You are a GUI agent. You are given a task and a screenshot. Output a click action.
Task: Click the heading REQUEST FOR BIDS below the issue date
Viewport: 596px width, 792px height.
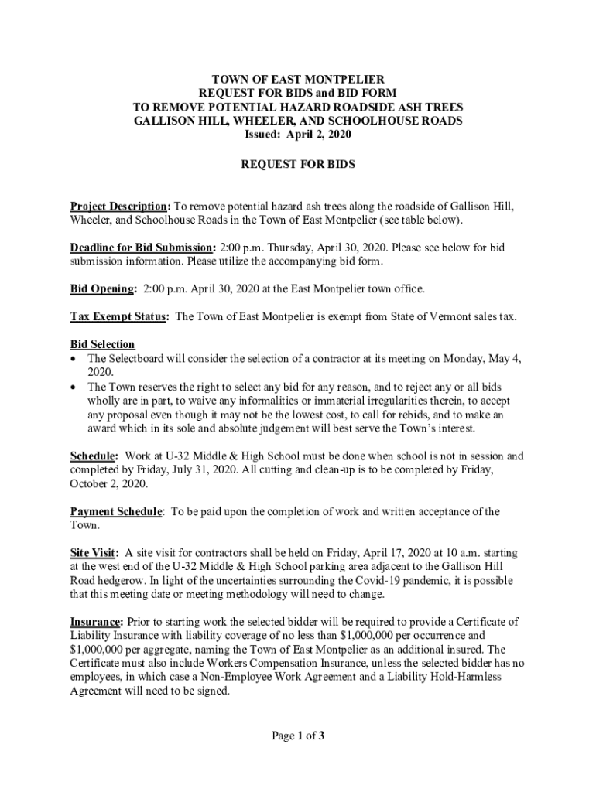pyautogui.click(x=298, y=166)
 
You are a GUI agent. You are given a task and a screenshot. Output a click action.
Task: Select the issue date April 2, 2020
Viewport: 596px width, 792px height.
pyautogui.click(x=318, y=135)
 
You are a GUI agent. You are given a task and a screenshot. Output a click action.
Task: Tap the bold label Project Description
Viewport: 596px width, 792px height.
pyautogui.click(x=119, y=207)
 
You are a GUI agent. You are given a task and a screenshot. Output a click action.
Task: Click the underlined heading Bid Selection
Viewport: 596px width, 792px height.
pyautogui.click(x=102, y=344)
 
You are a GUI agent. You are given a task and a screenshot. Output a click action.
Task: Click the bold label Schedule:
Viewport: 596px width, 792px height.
pyautogui.click(x=94, y=456)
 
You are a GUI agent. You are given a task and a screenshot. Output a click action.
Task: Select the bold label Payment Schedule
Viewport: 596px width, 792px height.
pyautogui.click(x=116, y=511)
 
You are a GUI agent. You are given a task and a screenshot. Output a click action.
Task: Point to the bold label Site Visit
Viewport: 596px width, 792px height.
pyautogui.click(x=94, y=553)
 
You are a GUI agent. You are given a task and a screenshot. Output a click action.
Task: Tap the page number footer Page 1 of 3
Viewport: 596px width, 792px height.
pyautogui.click(x=297, y=736)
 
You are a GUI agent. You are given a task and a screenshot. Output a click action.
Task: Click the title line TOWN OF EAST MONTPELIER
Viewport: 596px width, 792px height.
pyautogui.click(x=298, y=80)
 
